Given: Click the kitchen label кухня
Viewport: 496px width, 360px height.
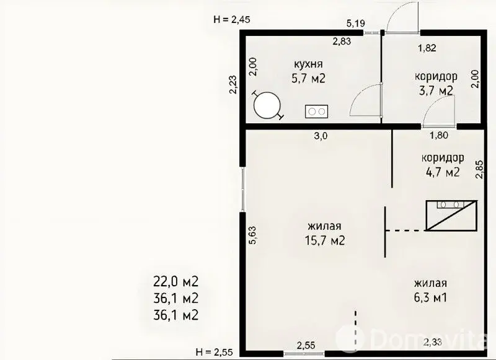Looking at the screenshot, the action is coord(308,64).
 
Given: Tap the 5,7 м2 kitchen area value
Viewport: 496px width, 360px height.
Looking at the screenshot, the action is coord(308,78).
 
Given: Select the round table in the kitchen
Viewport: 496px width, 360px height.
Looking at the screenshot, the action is coord(267,105).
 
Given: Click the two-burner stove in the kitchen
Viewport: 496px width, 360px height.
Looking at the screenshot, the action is coord(316,112).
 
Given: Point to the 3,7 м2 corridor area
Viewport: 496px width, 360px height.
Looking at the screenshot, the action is coord(436,90).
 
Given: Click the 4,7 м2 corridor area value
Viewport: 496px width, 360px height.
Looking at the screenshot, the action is coord(443,172).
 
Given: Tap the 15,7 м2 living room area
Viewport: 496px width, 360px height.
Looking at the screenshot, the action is coord(324,241).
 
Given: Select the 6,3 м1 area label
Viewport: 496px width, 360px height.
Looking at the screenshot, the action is coord(431,297).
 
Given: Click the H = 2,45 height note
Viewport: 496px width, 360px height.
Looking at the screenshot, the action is coord(232,20).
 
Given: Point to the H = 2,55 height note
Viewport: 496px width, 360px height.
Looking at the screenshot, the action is coord(214,351).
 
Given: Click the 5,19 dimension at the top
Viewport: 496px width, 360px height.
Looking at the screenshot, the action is coord(356,23).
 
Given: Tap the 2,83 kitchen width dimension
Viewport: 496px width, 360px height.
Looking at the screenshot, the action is coord(342,41).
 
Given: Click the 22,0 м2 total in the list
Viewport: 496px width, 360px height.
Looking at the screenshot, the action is coord(176,281).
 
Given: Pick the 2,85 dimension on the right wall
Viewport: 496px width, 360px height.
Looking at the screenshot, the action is coord(480,169).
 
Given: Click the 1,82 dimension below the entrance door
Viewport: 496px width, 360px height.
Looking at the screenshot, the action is coord(427,48).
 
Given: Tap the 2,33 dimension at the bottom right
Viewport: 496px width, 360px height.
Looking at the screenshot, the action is coord(432,341).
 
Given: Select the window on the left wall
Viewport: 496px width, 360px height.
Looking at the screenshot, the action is coord(242,189).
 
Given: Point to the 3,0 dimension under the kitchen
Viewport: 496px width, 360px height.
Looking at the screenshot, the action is coord(320,136).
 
